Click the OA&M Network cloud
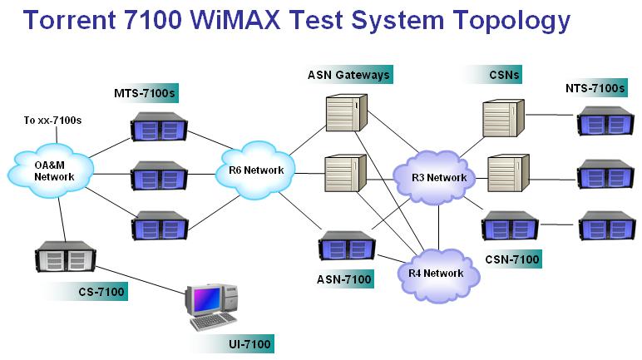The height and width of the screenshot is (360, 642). (48, 170)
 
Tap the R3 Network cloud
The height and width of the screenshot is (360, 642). (438, 176)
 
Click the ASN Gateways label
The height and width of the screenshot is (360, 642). (347, 76)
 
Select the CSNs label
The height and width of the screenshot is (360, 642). (505, 76)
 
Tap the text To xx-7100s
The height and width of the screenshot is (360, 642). (52, 121)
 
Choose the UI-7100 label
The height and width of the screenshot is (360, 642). (248, 343)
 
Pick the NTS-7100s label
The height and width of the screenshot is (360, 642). (594, 89)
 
